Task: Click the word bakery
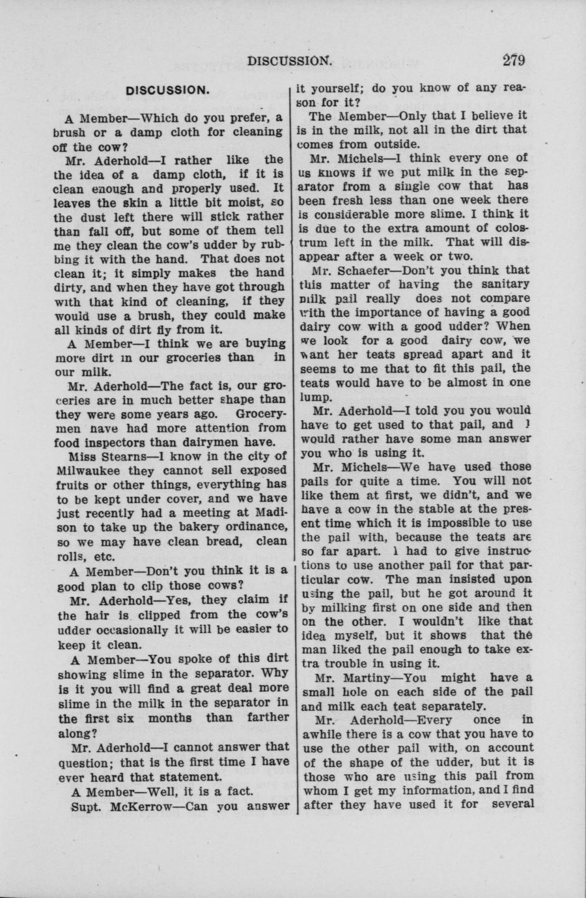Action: pyautogui.click(x=196, y=526)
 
